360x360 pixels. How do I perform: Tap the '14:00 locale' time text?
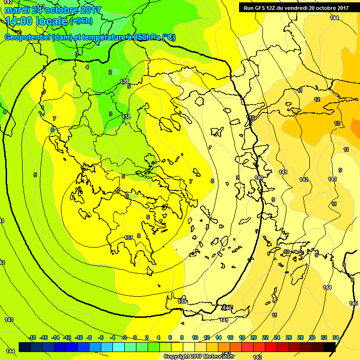pyautogui.click(x=37, y=21)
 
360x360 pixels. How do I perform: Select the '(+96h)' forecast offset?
pyautogui.click(x=82, y=21)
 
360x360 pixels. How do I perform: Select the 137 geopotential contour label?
pyautogui.click(x=129, y=238)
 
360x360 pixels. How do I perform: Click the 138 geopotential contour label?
pyautogui.click(x=126, y=117)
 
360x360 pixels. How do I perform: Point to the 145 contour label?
pyautogui.click(x=353, y=304)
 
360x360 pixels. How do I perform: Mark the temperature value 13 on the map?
pyautogui.click(x=337, y=123)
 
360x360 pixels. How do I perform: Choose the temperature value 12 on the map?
pyautogui.click(x=317, y=99)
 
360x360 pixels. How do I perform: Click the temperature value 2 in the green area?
pyautogui.click(x=110, y=72)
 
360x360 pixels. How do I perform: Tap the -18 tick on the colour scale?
pyautogui.click(x=32, y=337)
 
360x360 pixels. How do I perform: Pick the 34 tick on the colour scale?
pyautogui.click(x=336, y=337)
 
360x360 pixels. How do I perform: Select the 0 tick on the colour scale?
pyautogui.click(x=135, y=337)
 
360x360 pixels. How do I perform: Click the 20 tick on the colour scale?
pyautogui.click(x=254, y=337)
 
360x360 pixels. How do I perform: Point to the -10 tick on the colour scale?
pyautogui.click(x=79, y=337)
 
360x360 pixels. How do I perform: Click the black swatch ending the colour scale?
pyautogui.click(x=330, y=347)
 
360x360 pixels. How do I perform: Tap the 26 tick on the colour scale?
pyautogui.click(x=289, y=337)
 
